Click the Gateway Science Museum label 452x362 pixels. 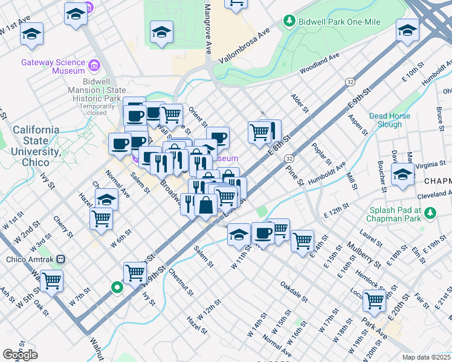(x=52, y=66)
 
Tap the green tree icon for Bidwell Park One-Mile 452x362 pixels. (x=290, y=22)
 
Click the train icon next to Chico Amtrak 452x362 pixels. (x=60, y=259)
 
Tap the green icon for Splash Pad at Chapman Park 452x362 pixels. (x=430, y=213)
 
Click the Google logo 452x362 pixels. (x=20, y=354)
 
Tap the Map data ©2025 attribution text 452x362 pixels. (x=427, y=357)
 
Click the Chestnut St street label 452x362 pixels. (x=181, y=282)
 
